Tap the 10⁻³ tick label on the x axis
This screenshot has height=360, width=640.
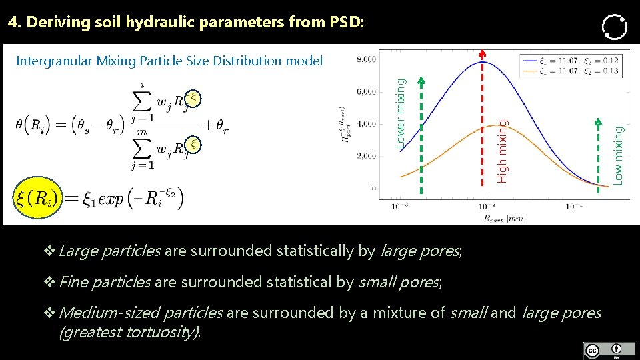[399, 207]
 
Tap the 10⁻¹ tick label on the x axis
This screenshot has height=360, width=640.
[575, 207]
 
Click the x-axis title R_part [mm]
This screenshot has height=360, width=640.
[505, 218]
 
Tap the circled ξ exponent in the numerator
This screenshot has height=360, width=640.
[193, 97]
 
